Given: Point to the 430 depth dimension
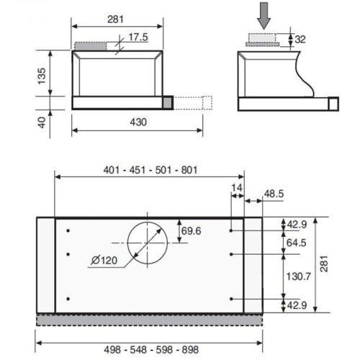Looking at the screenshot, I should pyautogui.click(x=138, y=122).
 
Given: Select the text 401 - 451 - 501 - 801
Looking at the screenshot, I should pyautogui.click(x=150, y=170).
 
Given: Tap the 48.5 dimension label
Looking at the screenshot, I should pyautogui.click(x=274, y=194).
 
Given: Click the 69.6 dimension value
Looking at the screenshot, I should pyautogui.click(x=190, y=230).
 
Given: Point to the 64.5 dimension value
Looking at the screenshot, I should pyautogui.click(x=296, y=243).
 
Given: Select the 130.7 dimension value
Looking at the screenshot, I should pyautogui.click(x=297, y=276).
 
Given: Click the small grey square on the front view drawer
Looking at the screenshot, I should pyautogui.click(x=167, y=104).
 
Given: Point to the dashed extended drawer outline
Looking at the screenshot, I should pyautogui.click(x=192, y=104).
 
